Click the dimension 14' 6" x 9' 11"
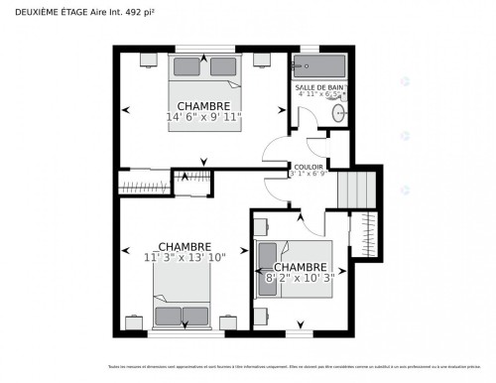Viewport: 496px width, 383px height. (203, 117)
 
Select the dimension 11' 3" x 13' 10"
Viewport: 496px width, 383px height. (185, 258)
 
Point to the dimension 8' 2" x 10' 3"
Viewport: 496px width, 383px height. (300, 279)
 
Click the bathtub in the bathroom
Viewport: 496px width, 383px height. (318, 67)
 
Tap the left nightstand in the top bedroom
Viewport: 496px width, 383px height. (148, 59)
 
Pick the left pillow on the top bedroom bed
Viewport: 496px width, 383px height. (188, 67)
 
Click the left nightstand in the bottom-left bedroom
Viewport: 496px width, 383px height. (138, 322)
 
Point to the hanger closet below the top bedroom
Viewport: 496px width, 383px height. (145, 184)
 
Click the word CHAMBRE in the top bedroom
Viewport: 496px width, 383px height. (203, 105)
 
